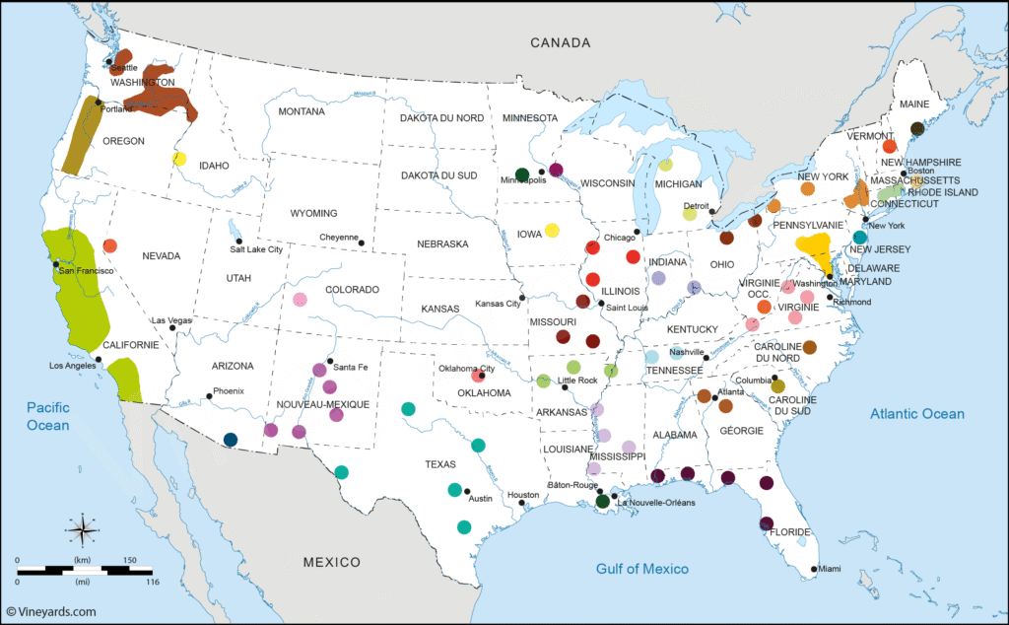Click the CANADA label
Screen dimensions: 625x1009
[x=560, y=42]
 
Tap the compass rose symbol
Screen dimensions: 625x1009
[x=81, y=529]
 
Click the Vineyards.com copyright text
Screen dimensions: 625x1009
[x=50, y=611]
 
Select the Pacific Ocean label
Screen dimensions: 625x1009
[x=48, y=415]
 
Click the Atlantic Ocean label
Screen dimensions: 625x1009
[x=916, y=414]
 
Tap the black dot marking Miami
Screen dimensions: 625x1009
[x=814, y=569]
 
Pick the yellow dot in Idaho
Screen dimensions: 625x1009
[x=179, y=159]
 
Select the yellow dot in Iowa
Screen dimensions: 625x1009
[x=552, y=231]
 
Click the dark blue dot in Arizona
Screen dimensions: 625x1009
[x=231, y=440]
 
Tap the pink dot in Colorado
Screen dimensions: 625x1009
[x=301, y=300]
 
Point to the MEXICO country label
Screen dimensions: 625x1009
[x=332, y=562]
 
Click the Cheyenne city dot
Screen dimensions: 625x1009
[x=362, y=243]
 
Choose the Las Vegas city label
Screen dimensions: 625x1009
[x=171, y=320]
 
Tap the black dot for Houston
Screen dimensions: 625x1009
[x=521, y=504]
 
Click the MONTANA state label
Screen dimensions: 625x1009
[x=301, y=111]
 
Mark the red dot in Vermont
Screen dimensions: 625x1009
[x=889, y=146]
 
